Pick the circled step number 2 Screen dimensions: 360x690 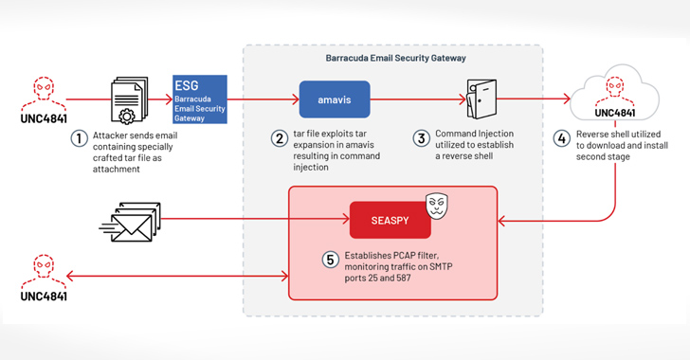coord(279,138)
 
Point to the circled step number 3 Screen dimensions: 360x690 coord(422,138)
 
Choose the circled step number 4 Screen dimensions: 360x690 coord(560,138)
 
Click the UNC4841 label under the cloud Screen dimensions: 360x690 coord(617,114)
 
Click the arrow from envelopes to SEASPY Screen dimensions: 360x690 coord(256,219)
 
